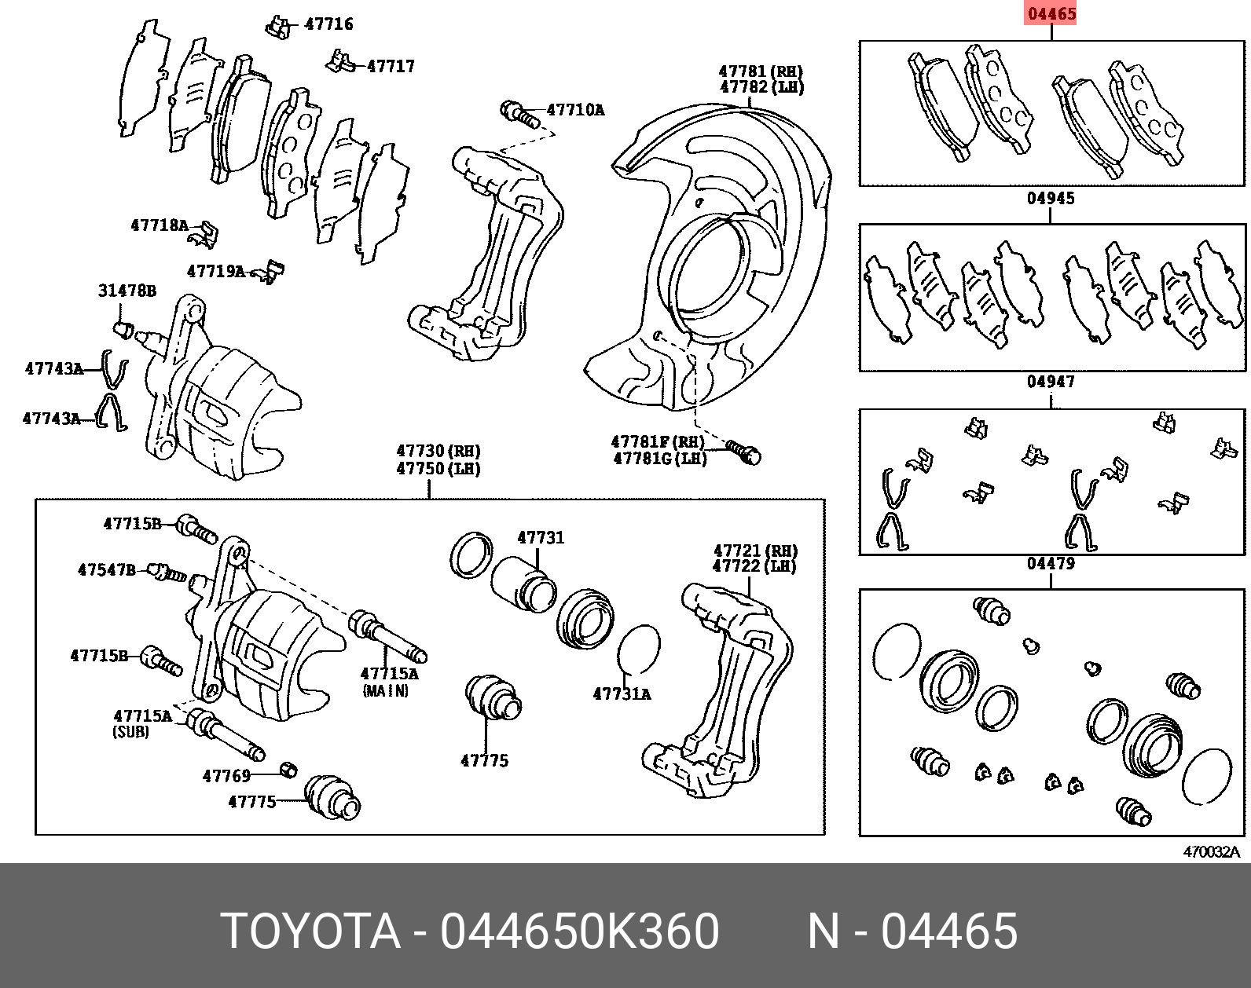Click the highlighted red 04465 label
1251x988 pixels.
point(1051,13)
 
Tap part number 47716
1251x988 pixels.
point(328,24)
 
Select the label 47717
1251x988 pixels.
point(391,66)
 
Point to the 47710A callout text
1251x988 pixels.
point(575,110)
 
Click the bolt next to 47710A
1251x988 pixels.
point(519,114)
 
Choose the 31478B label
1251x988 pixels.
point(127,291)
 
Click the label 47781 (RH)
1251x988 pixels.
point(761,71)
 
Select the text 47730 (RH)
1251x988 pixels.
point(438,452)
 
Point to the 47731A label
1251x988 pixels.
point(622,694)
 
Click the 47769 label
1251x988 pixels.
point(226,776)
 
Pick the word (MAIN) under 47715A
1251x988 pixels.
point(385,691)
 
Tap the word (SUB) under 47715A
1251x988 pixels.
point(130,731)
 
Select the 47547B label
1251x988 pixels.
point(106,570)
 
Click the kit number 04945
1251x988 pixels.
point(1051,199)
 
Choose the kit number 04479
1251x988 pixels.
point(1051,564)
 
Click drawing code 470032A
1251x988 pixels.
point(1211,852)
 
